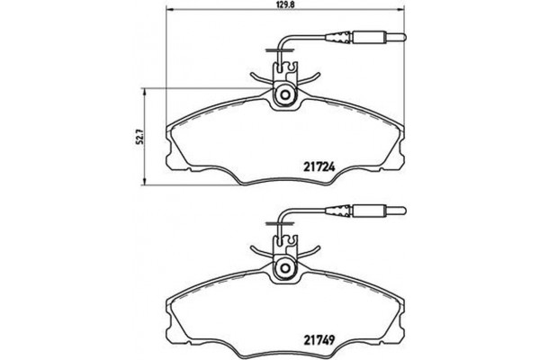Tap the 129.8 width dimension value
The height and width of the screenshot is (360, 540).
click(285, 5)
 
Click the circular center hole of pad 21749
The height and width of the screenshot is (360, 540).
click(285, 268)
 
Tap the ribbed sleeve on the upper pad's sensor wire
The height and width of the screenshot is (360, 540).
click(342, 38)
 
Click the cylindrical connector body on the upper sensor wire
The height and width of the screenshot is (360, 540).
click(371, 38)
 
